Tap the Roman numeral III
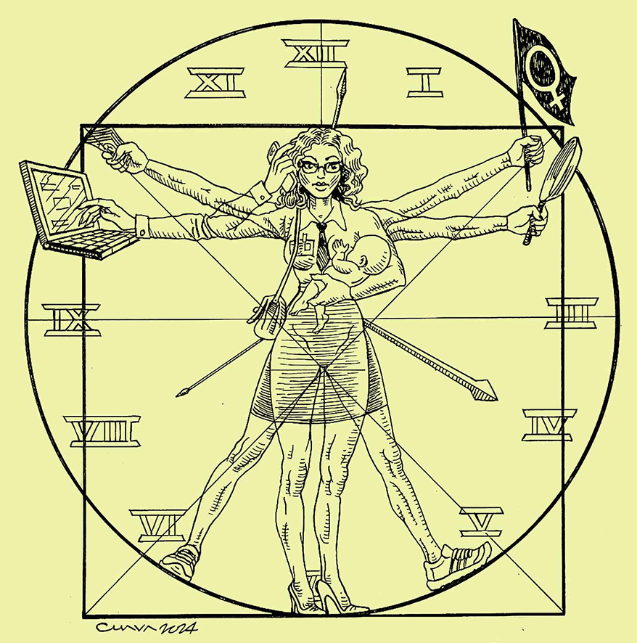click(x=571, y=313)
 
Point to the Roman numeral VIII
click(x=102, y=431)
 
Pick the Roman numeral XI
click(x=215, y=83)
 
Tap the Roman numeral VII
click(x=158, y=525)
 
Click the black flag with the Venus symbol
click(x=544, y=73)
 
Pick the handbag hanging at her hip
click(x=267, y=314)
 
